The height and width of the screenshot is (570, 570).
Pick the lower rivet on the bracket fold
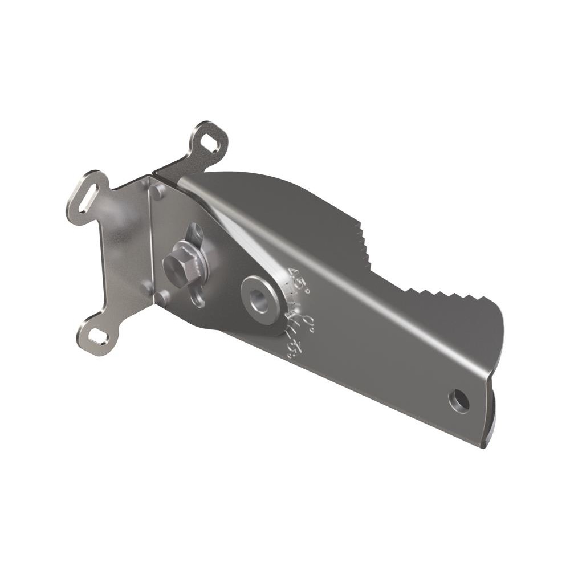[x=162, y=296]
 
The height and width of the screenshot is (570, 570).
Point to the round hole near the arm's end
[x=459, y=401]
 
